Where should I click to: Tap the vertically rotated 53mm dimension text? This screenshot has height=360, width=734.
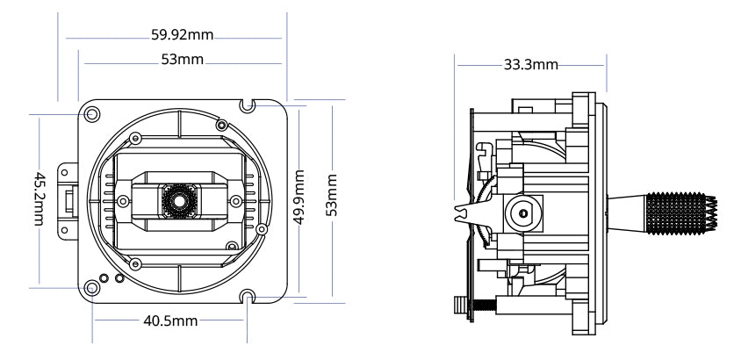tap(331, 198)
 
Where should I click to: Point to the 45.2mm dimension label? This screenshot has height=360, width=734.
tap(40, 198)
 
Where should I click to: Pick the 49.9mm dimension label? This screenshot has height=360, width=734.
tap(299, 198)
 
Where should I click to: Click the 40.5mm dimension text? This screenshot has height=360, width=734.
tap(170, 320)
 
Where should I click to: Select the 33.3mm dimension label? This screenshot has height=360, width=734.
tap(530, 65)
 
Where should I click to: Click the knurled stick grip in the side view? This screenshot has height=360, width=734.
tap(678, 212)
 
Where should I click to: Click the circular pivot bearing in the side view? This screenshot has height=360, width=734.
tap(522, 212)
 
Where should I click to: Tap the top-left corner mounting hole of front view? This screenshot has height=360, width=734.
tap(92, 113)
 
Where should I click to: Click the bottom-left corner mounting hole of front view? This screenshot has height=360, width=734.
tap(92, 288)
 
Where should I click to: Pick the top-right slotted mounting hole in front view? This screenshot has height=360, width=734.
tap(250, 105)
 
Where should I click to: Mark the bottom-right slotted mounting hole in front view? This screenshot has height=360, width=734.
tap(250, 297)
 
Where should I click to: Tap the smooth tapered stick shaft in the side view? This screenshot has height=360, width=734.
tap(627, 212)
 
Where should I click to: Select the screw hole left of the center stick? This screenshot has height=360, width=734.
tap(125, 201)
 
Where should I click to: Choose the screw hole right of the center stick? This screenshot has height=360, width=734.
tap(233, 201)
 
